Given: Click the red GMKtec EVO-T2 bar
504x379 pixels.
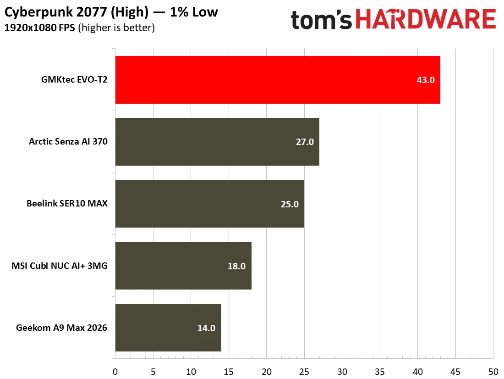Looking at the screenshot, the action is (278, 80).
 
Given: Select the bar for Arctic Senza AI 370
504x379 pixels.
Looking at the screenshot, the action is (217, 142).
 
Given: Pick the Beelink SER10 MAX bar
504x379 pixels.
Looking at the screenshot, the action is (210, 204).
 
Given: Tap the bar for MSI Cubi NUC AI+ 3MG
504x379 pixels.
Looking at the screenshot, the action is (183, 266).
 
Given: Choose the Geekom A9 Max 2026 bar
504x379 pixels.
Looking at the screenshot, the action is (168, 328).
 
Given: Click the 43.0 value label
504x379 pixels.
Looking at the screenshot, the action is (426, 80).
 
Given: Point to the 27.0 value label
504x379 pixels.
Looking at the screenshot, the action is (305, 142).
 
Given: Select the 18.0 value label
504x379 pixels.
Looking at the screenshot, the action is (236, 266).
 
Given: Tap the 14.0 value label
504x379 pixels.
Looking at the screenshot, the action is (206, 328).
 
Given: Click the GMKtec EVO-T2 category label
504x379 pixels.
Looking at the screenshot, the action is (74, 79).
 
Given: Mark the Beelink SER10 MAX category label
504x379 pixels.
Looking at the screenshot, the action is (67, 204).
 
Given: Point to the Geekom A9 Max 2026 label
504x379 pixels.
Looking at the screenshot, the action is (61, 328).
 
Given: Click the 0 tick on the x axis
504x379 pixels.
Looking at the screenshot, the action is (115, 372).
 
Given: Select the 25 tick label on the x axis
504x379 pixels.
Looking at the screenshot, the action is (304, 372).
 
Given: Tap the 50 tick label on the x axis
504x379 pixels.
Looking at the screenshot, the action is (493, 372).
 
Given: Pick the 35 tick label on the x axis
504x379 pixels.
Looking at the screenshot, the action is (380, 372).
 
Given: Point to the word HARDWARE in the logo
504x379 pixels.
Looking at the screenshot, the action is (426, 19).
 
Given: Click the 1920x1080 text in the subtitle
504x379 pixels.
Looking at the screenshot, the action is (31, 28).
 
